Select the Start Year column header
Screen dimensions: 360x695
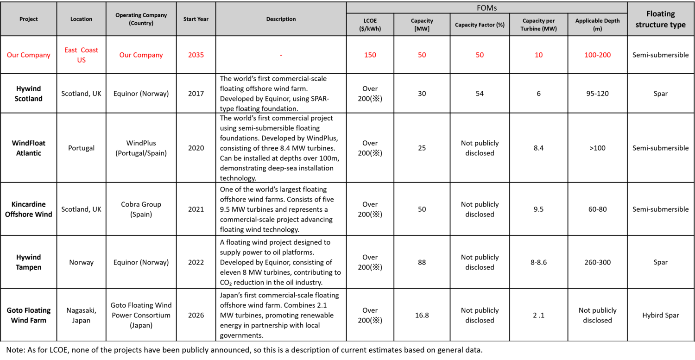tap(196, 19)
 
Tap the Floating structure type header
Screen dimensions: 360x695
tap(660, 19)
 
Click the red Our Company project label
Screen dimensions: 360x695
tap(29, 55)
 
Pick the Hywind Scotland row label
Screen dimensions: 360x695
tap(29, 94)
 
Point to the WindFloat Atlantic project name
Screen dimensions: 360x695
tap(29, 148)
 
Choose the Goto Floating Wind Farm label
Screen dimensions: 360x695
tap(29, 315)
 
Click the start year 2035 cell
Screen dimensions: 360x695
tap(196, 55)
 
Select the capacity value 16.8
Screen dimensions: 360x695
tap(422, 315)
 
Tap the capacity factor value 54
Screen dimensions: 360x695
tap(480, 94)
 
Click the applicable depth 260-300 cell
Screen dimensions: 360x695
tap(597, 262)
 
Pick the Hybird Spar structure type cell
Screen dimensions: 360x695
tap(660, 315)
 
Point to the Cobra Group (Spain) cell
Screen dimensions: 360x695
tap(141, 209)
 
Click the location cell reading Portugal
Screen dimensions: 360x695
tap(81, 148)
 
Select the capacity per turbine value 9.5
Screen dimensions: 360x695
tap(538, 209)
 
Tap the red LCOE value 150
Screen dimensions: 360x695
tap(370, 55)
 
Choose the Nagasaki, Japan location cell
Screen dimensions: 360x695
tap(81, 315)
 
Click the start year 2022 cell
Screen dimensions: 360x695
tap(196, 262)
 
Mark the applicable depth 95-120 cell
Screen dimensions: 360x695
tap(597, 94)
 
